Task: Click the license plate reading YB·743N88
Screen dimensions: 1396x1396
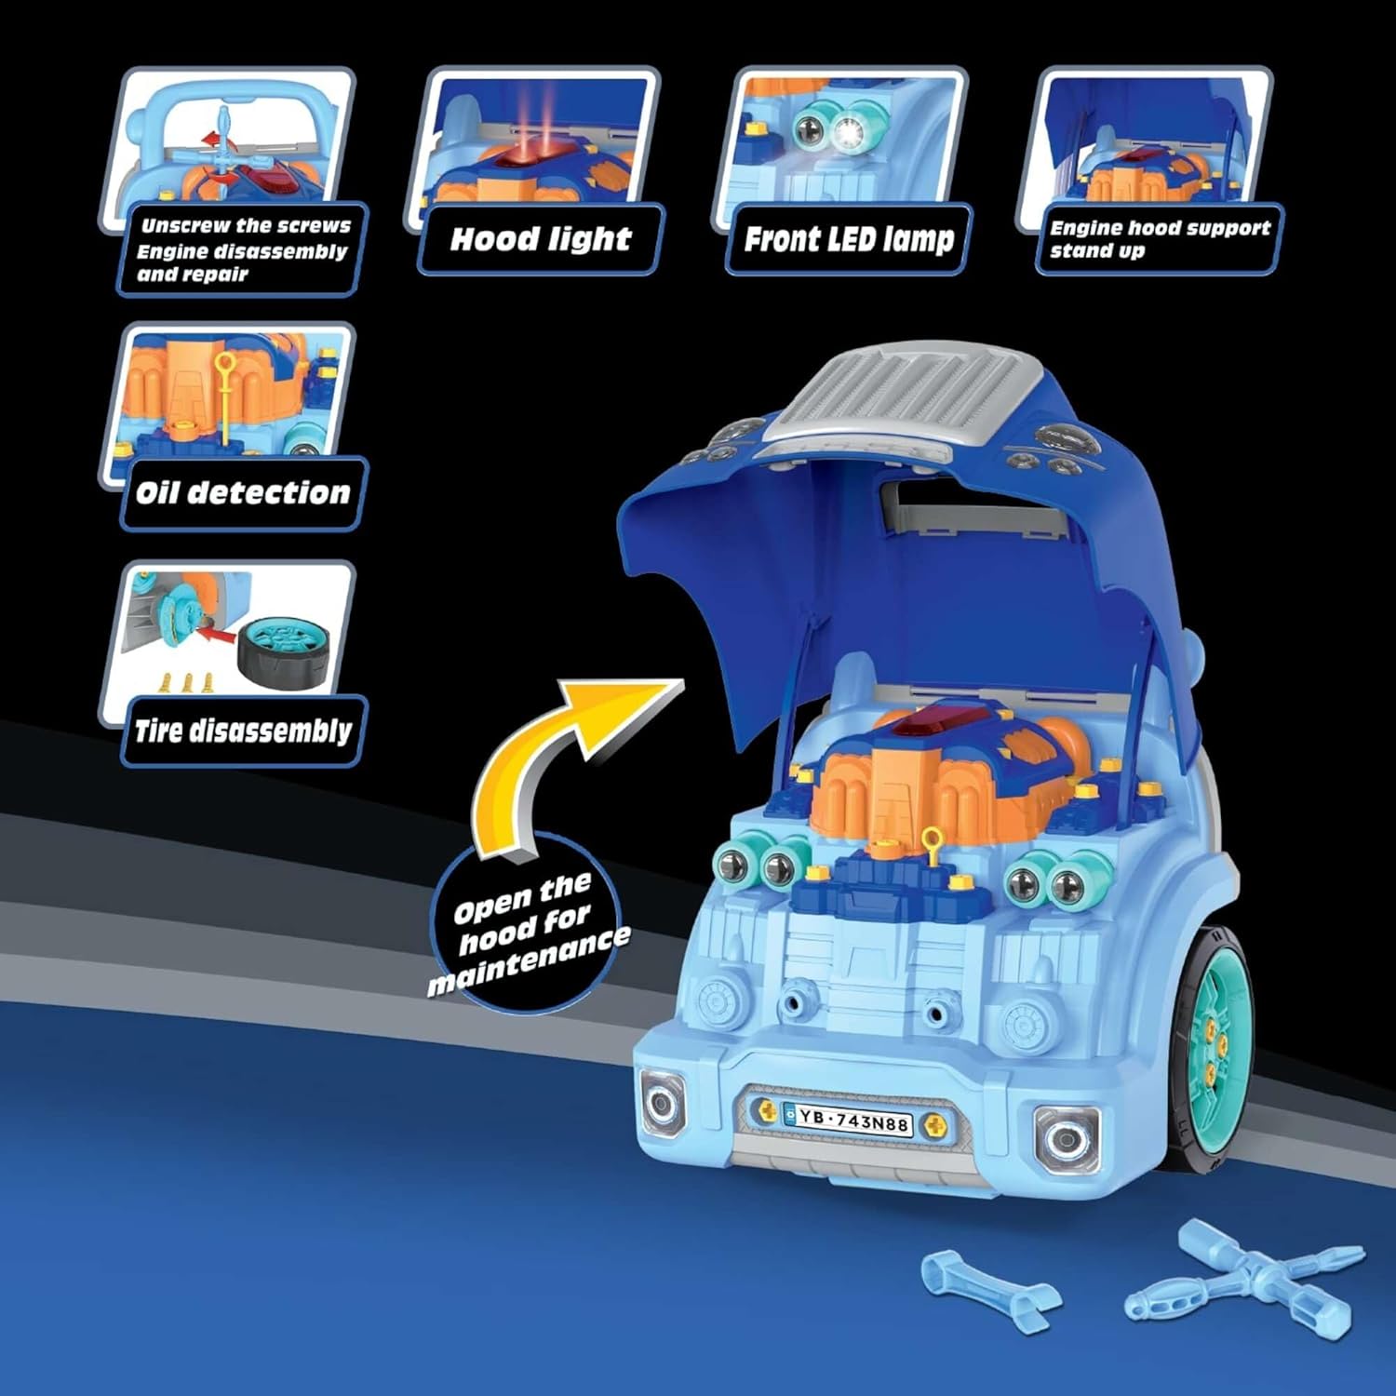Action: point(848,1121)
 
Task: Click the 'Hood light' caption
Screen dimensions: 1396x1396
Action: point(541,239)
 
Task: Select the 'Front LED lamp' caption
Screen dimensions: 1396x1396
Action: point(849,239)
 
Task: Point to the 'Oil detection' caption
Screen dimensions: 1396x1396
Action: point(242,493)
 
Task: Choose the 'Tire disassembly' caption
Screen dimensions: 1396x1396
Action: point(242,731)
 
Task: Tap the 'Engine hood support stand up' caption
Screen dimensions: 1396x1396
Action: point(1159,239)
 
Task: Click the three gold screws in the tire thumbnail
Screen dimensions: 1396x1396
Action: point(187,684)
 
